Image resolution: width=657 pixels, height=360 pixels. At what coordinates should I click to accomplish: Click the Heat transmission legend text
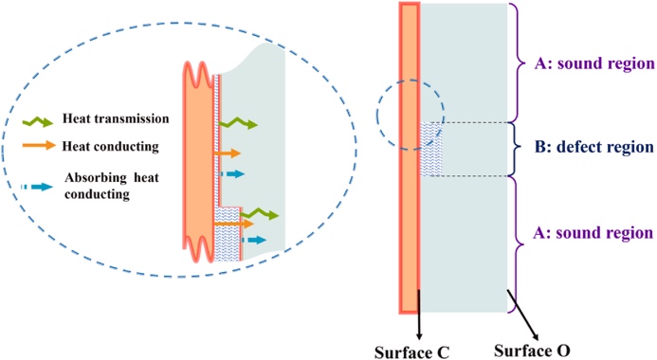(116, 118)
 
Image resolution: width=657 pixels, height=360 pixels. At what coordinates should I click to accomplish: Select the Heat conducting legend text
(111, 147)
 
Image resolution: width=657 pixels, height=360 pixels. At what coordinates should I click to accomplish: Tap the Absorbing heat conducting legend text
(112, 186)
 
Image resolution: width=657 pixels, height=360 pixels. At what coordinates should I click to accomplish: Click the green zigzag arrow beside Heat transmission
(38, 121)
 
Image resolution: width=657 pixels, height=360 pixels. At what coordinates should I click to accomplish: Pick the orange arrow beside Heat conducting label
(39, 145)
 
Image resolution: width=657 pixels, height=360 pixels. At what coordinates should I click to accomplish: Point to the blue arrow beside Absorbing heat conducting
(37, 187)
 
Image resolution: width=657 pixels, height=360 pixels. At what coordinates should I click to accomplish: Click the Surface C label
(411, 352)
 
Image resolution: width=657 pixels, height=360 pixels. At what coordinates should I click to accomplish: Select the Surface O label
(532, 351)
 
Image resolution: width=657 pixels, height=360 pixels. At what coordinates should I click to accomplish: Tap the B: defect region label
(594, 147)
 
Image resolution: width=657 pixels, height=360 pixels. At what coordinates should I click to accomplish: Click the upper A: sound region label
(594, 63)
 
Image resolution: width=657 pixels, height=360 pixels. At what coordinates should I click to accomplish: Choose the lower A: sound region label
(593, 233)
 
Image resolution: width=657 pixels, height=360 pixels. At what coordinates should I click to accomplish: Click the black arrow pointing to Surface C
(419, 315)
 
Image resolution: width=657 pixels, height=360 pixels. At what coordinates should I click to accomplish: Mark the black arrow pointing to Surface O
(523, 315)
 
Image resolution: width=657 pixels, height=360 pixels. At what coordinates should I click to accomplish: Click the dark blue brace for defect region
(516, 148)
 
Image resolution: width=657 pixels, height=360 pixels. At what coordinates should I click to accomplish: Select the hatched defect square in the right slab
(431, 149)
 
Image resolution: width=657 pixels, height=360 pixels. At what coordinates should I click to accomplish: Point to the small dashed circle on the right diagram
(376, 116)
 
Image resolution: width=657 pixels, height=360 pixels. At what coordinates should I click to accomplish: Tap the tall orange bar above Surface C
(410, 158)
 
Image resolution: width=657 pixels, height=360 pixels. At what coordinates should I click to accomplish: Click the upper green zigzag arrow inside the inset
(238, 123)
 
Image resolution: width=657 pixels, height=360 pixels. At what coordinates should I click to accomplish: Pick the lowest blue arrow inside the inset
(254, 240)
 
